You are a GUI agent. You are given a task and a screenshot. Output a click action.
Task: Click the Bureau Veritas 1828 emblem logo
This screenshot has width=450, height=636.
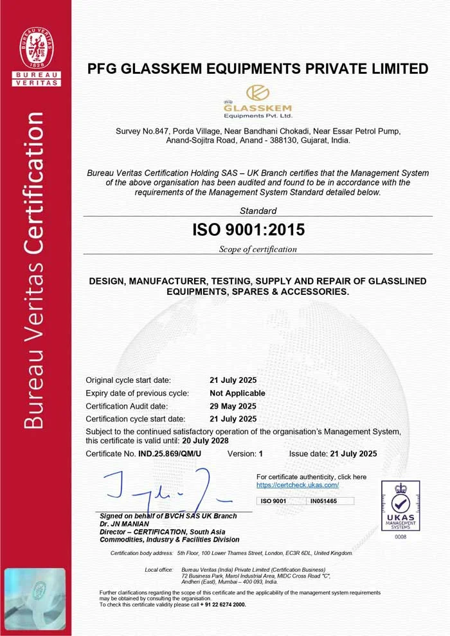(36, 48)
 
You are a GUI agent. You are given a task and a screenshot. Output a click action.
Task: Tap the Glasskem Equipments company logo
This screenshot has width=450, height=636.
(257, 102)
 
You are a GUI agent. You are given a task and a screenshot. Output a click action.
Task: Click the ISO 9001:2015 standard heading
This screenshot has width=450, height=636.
(249, 229)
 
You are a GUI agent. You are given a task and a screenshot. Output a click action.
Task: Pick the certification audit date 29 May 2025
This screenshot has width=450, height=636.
(233, 406)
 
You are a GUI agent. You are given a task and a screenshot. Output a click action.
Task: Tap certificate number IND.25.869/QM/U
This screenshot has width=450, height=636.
(170, 454)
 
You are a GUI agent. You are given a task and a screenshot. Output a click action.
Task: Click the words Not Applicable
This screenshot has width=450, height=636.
(237, 393)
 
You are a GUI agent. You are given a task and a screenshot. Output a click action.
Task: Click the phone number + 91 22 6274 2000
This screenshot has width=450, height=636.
(222, 605)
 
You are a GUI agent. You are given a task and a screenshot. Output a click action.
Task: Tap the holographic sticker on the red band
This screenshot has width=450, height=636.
(35, 590)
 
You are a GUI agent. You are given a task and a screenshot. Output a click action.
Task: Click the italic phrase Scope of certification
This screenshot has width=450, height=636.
(258, 249)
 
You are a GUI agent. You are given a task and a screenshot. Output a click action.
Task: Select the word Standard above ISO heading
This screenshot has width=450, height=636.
(258, 211)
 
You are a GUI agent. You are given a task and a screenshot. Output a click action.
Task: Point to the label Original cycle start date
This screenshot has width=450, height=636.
(129, 380)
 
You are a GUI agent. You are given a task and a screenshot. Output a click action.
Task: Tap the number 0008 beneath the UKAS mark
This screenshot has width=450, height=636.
(401, 536)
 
